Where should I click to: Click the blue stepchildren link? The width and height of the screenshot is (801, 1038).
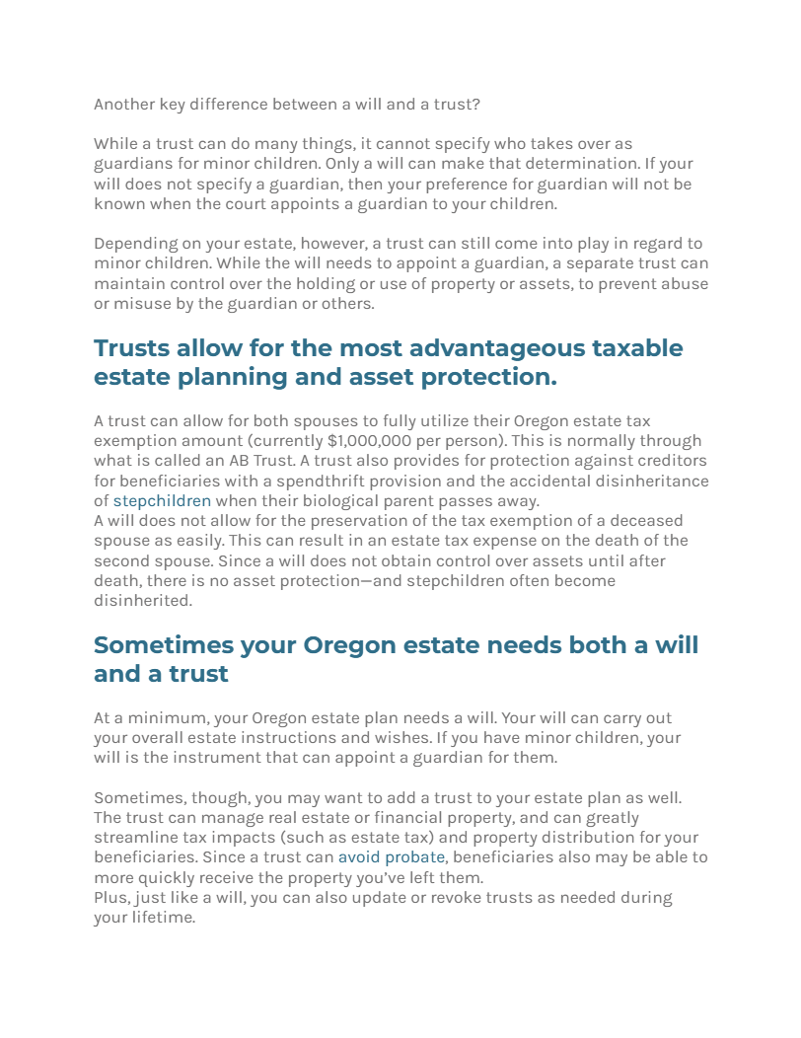[x=162, y=500]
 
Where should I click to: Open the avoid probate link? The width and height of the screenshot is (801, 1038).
[x=392, y=857]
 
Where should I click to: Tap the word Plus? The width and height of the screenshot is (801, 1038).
[x=110, y=898]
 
